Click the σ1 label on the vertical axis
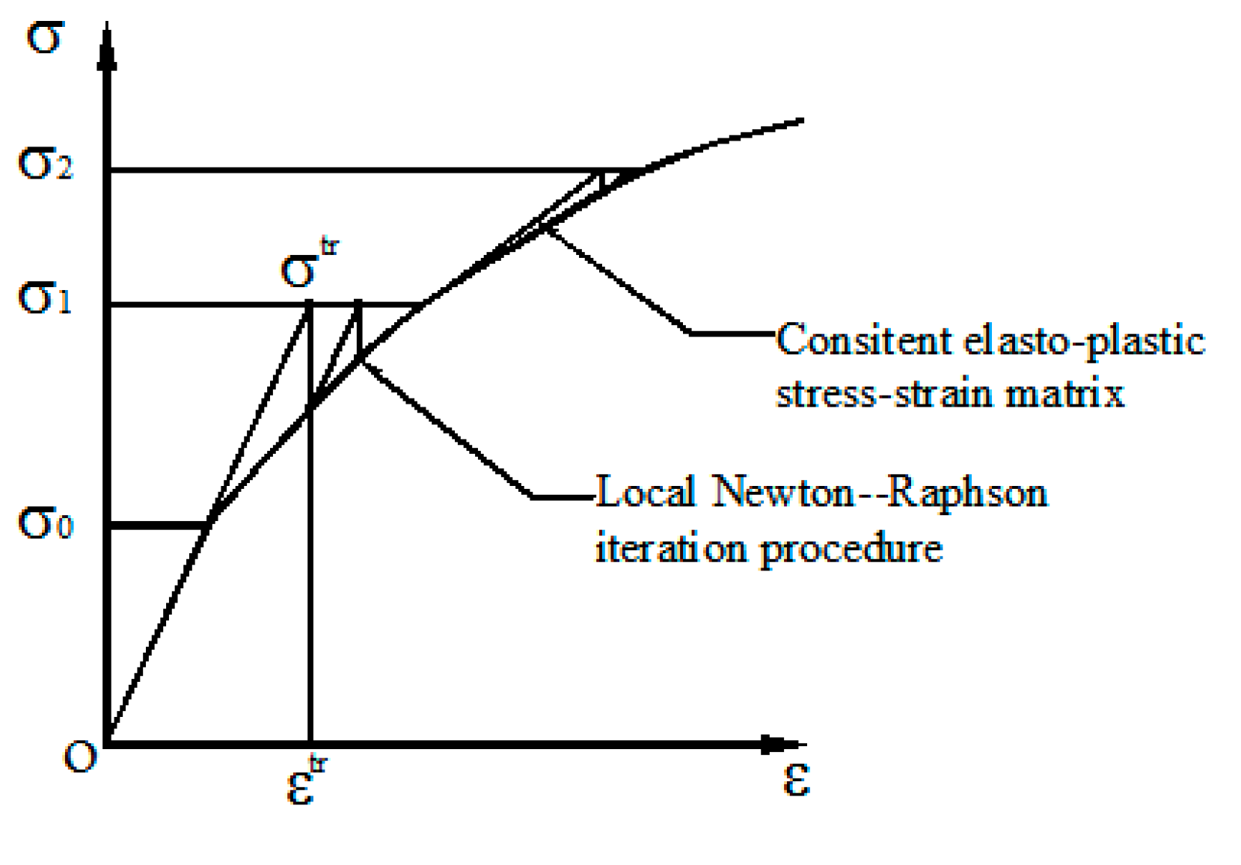(45, 299)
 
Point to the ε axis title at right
(796, 781)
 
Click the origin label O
(79, 757)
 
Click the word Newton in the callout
(782, 493)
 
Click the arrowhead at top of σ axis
(108, 52)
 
